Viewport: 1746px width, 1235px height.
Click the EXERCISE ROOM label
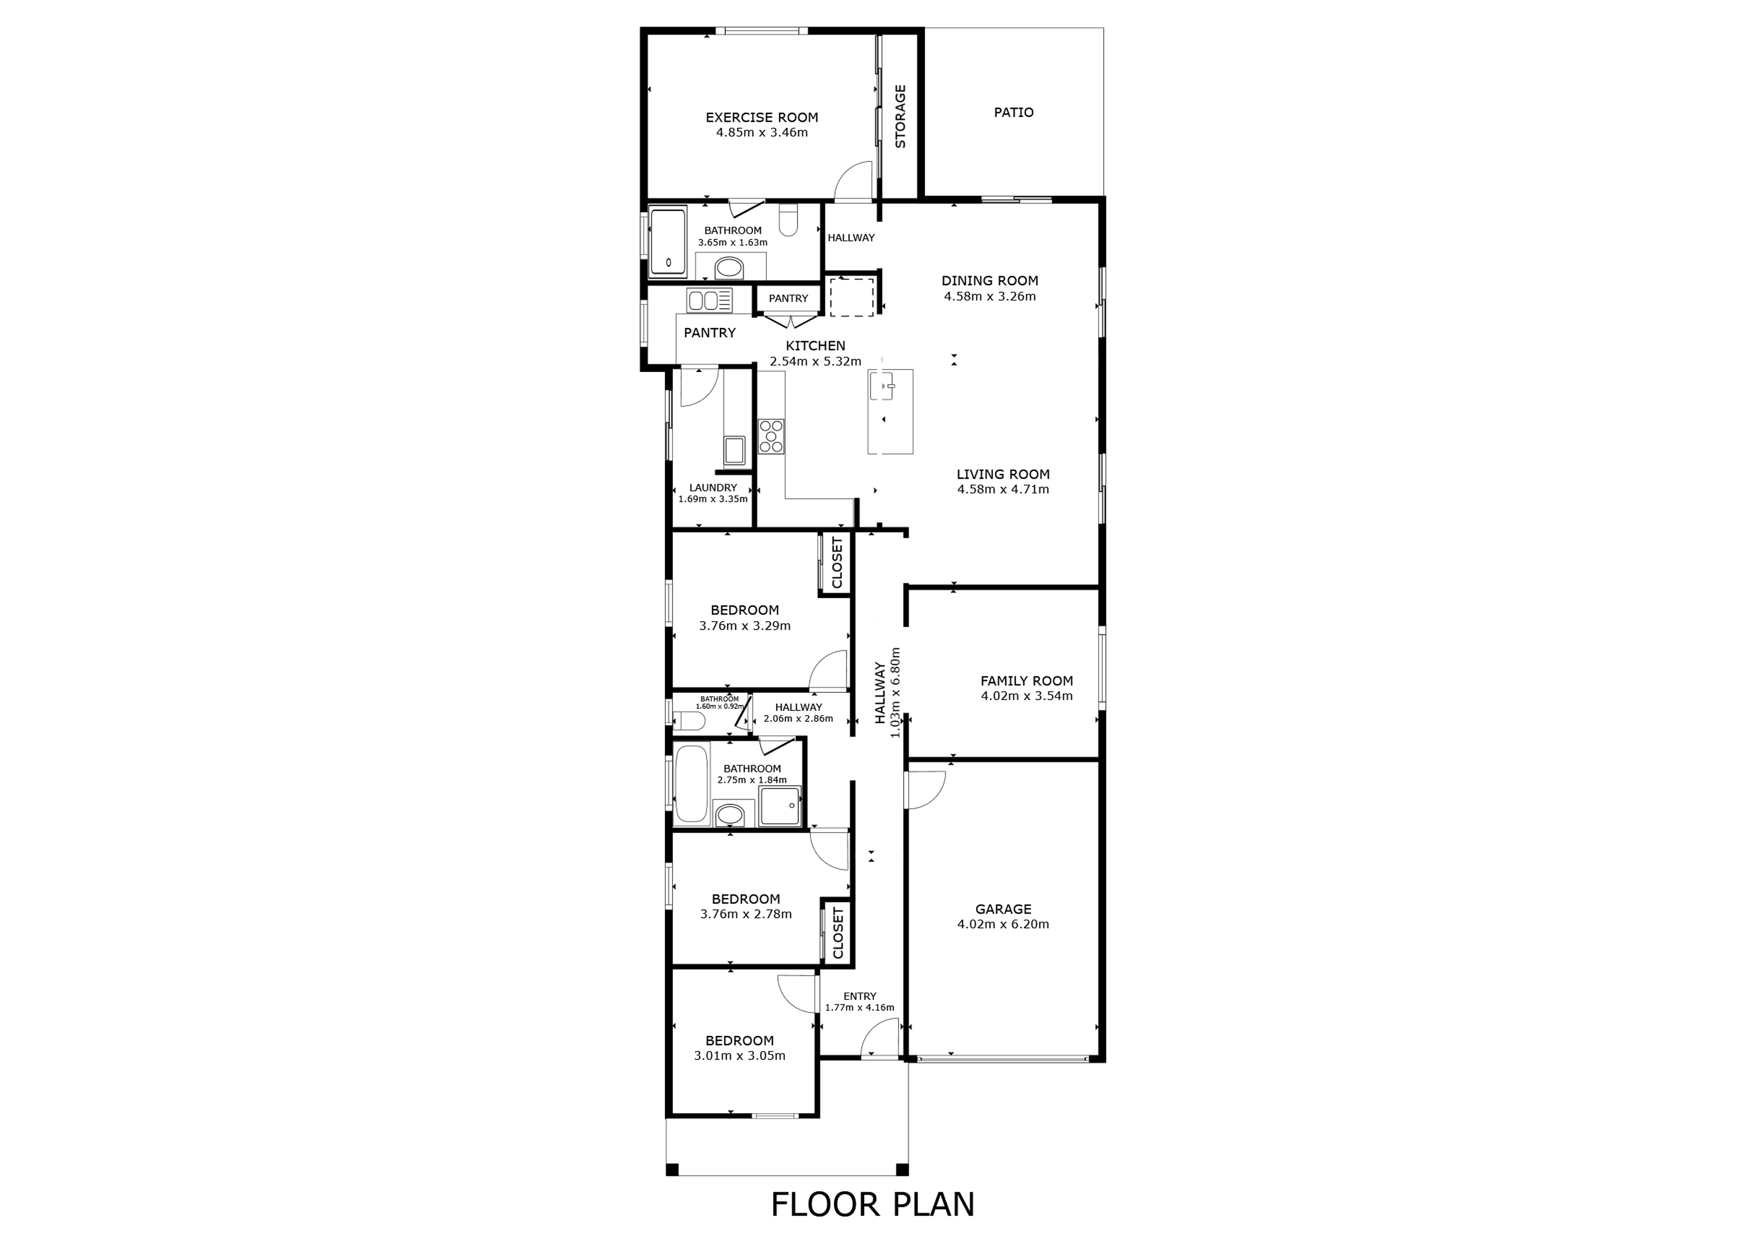pyautogui.click(x=761, y=118)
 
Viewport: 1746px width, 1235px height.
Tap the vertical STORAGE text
pyautogui.click(x=900, y=116)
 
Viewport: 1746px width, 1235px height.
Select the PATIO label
pyautogui.click(x=1013, y=113)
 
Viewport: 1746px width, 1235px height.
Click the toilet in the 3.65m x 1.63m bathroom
pyautogui.click(x=788, y=221)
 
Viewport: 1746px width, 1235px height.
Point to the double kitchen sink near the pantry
pyautogui.click(x=709, y=300)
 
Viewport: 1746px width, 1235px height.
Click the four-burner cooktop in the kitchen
pyautogui.click(x=771, y=437)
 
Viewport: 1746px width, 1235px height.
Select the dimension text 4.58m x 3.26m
pyautogui.click(x=989, y=297)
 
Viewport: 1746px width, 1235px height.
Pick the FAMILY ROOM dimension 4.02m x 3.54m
pyautogui.click(x=1026, y=696)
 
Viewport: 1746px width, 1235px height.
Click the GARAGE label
pyautogui.click(x=1003, y=909)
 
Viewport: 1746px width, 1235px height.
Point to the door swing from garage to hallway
pyautogui.click(x=925, y=790)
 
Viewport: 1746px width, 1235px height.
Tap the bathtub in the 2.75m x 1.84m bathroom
pyautogui.click(x=692, y=784)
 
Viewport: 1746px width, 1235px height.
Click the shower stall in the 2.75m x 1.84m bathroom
pyautogui.click(x=780, y=806)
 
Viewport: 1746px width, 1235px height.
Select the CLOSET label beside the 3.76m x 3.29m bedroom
pyautogui.click(x=837, y=563)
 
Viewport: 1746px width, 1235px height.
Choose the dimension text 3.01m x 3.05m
pyautogui.click(x=739, y=1055)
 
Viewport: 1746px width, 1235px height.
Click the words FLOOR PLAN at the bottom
pyautogui.click(x=872, y=1205)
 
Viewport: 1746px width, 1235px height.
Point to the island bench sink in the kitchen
pyautogui.click(x=884, y=387)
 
